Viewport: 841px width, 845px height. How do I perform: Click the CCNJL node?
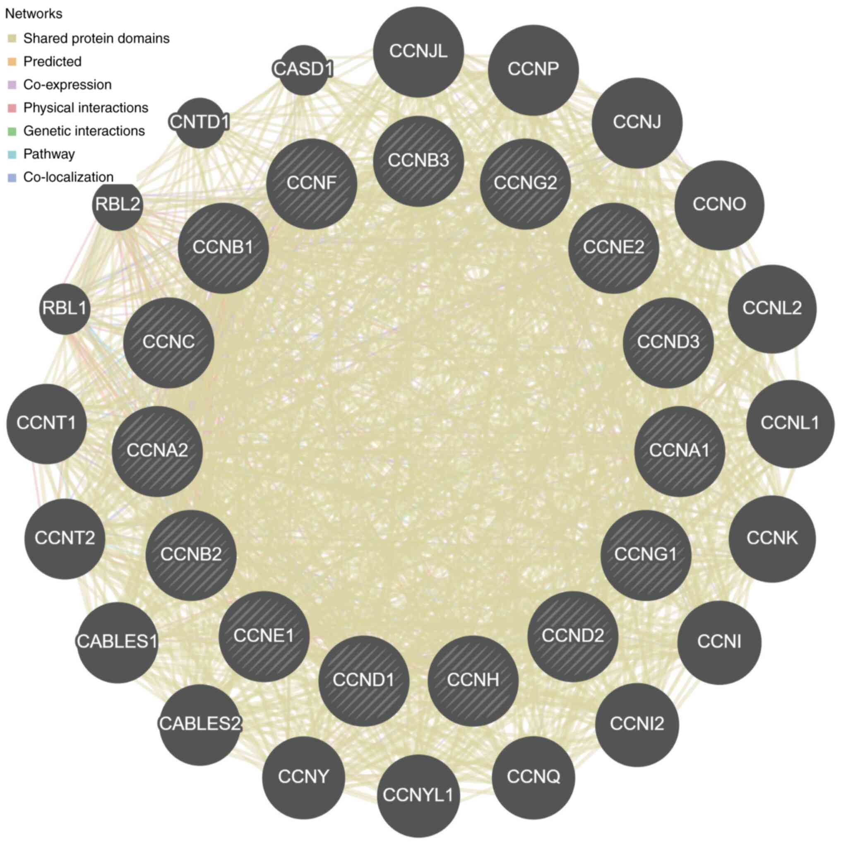point(418,52)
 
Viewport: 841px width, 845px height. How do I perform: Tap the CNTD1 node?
point(200,123)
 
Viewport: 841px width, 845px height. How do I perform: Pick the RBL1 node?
point(65,309)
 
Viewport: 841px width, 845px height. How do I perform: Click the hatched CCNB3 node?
point(418,161)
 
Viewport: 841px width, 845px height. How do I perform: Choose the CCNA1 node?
point(679,451)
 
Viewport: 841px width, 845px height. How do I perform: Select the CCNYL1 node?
point(418,795)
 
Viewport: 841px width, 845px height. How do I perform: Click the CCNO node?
point(719,205)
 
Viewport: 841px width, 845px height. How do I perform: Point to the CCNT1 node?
point(46,424)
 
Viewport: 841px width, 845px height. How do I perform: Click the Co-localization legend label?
point(68,177)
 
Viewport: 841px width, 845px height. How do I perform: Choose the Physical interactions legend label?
point(86,108)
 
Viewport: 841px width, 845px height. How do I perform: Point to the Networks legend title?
point(34,14)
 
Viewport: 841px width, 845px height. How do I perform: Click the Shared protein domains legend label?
point(96,39)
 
